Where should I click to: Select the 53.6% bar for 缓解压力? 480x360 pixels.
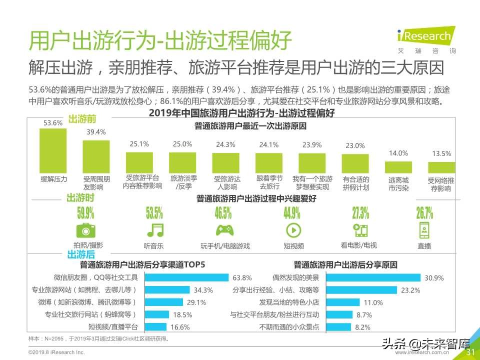point(53,150)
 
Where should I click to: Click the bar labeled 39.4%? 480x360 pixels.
point(96,156)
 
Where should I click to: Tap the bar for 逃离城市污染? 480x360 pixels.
point(398,167)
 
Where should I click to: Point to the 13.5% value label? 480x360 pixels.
point(441,154)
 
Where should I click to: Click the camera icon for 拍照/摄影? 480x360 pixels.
point(85,230)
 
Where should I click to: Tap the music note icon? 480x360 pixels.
point(154,230)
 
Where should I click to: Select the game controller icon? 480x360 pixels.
point(223,230)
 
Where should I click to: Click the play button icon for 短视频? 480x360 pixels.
point(292,230)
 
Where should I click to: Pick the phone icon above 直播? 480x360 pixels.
point(424,230)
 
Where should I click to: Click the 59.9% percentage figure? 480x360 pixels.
point(85,213)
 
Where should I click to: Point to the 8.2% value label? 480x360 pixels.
point(362,327)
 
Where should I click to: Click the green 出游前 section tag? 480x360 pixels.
point(81,119)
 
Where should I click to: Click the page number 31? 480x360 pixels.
point(470,352)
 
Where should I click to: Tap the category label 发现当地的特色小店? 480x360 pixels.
point(289,302)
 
